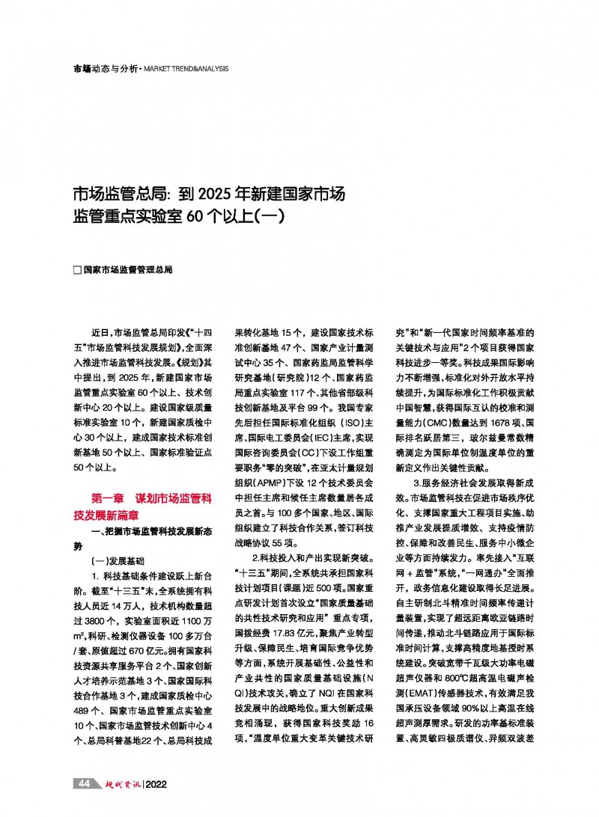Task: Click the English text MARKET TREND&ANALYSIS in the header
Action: click(185, 69)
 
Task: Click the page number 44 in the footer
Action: click(85, 784)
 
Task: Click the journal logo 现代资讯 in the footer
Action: click(118, 784)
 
